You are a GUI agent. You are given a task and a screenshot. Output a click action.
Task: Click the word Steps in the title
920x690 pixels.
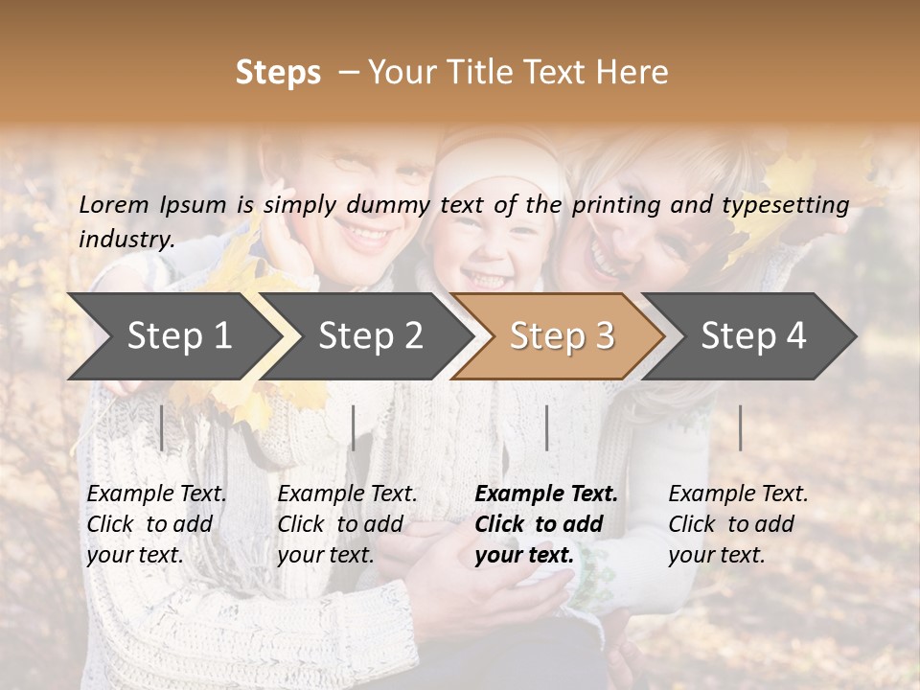click(x=278, y=73)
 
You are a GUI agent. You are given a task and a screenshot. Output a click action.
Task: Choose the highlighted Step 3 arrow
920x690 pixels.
click(x=562, y=335)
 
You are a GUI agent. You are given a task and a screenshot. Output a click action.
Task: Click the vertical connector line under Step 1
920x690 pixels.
click(x=162, y=427)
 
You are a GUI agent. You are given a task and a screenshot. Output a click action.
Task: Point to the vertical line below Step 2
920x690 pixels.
click(x=354, y=427)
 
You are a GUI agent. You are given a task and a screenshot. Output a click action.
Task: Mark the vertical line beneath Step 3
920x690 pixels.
click(x=546, y=427)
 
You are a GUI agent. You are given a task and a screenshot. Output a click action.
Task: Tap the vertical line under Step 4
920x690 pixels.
click(x=741, y=427)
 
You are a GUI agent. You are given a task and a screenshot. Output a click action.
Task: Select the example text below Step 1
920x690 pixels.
click(x=156, y=523)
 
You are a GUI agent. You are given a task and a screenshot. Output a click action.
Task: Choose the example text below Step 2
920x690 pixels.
click(x=347, y=523)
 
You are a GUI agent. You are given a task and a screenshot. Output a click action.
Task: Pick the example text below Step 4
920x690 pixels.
click(x=738, y=523)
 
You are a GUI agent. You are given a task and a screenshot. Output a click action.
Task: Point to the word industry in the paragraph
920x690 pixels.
click(x=125, y=240)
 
